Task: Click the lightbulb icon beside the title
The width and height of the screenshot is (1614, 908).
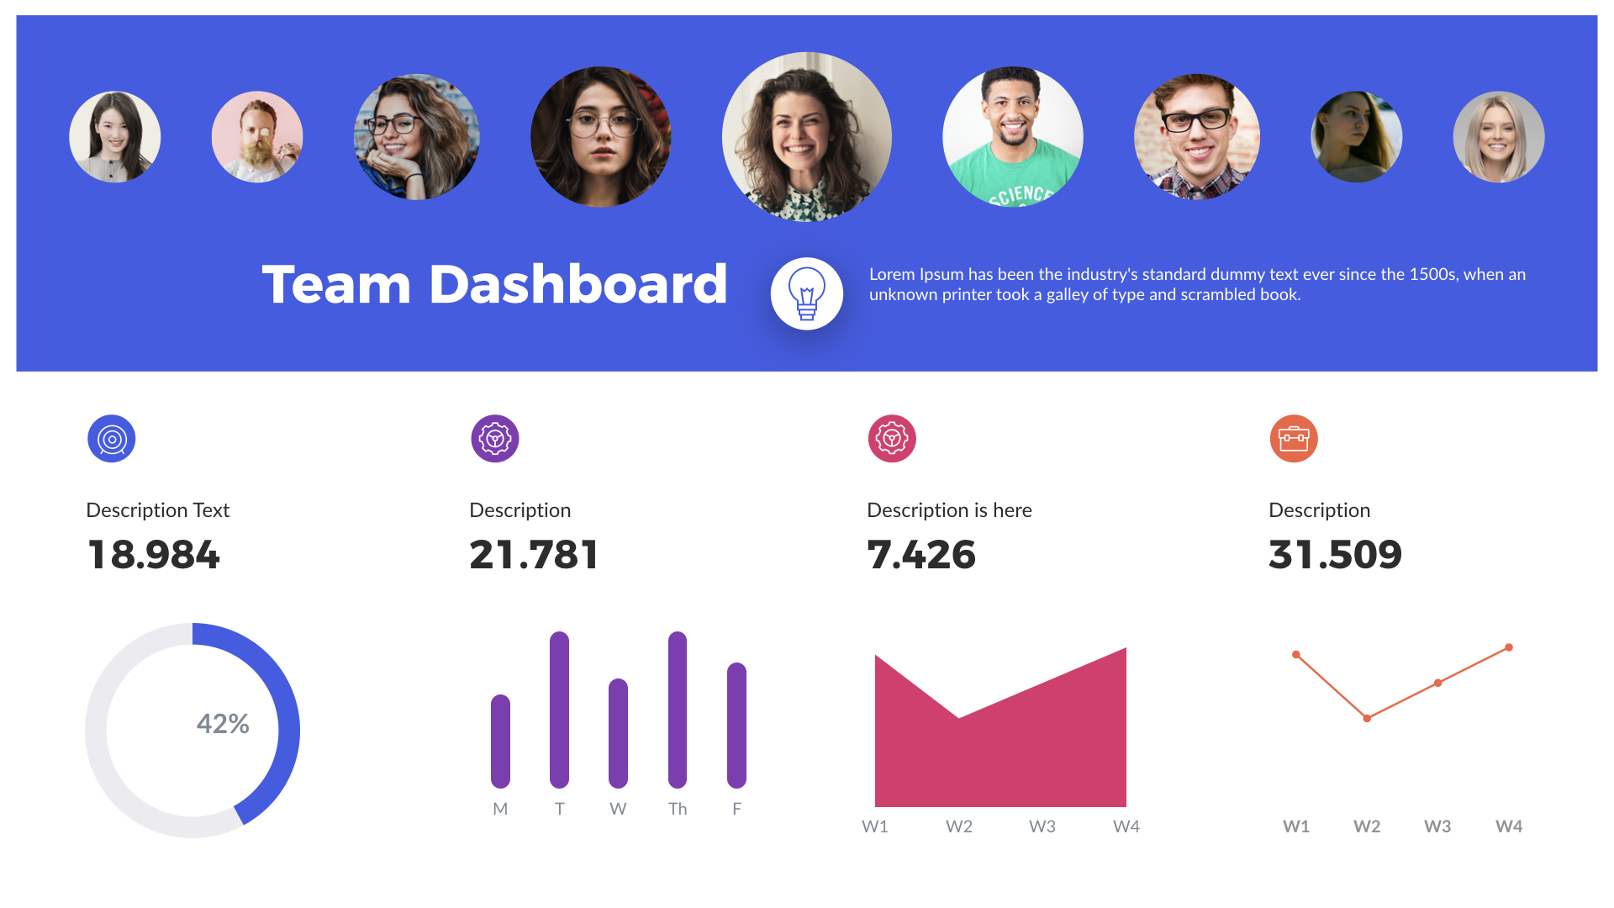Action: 806,293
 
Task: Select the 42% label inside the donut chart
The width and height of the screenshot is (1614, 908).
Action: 223,724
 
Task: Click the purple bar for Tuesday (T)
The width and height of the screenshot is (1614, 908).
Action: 559,710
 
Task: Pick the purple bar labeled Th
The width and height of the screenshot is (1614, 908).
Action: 678,710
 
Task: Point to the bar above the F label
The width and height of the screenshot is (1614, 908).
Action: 736,726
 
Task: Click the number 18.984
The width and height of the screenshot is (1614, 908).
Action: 154,555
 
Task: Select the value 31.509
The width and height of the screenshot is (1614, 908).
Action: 1335,555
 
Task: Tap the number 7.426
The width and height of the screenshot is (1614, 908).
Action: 921,555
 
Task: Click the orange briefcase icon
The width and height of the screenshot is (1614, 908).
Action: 1294,439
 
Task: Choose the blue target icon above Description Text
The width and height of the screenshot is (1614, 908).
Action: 112,439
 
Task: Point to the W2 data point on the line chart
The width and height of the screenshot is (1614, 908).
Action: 1367,718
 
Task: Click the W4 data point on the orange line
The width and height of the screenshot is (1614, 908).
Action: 1509,647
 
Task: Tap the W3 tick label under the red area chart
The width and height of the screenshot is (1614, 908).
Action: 1042,826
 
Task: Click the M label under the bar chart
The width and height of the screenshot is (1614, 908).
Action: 500,809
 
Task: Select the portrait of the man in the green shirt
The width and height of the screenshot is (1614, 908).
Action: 1013,137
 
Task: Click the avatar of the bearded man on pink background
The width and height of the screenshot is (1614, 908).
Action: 257,137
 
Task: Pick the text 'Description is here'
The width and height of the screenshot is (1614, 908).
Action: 949,510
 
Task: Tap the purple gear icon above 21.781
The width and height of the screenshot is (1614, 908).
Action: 495,439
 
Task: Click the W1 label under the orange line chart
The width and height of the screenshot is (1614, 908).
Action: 1296,826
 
